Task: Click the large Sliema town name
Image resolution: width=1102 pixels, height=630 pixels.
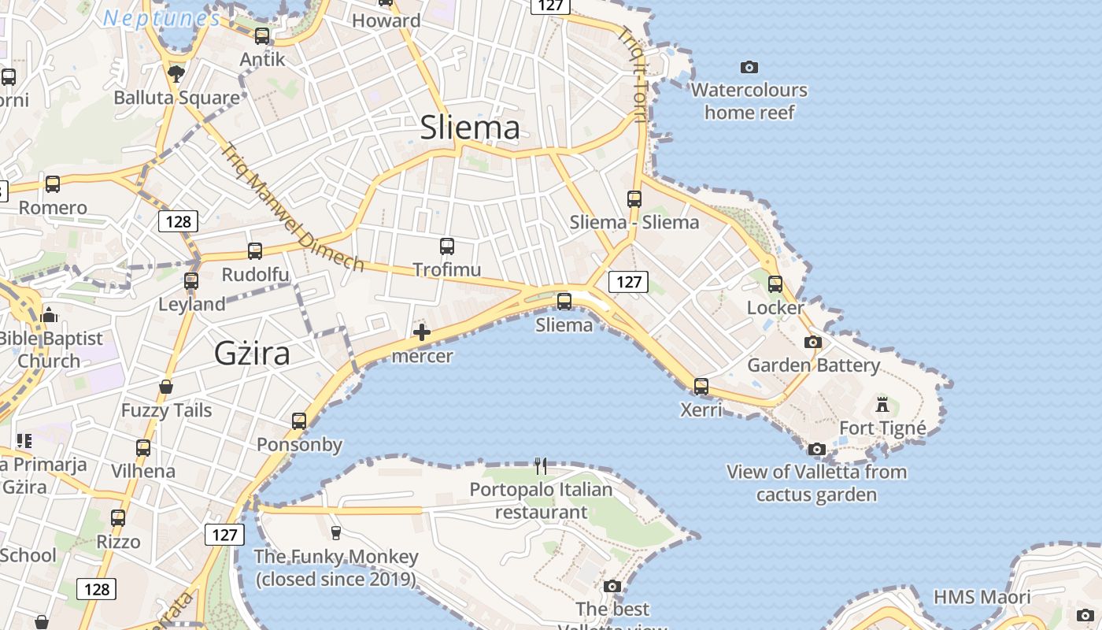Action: pyautogui.click(x=470, y=128)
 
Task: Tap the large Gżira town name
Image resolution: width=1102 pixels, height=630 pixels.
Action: pyautogui.click(x=252, y=354)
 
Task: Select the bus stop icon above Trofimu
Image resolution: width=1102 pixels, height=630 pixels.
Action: pyautogui.click(x=447, y=246)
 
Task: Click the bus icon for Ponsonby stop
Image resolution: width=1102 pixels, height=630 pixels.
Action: pyautogui.click(x=299, y=421)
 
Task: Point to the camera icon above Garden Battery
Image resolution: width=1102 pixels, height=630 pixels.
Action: pyautogui.click(x=813, y=342)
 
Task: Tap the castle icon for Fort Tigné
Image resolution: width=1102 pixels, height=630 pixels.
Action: pyautogui.click(x=882, y=405)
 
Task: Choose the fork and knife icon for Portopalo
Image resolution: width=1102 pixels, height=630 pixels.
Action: pyautogui.click(x=541, y=466)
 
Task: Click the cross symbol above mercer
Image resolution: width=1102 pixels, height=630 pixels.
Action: pyautogui.click(x=422, y=332)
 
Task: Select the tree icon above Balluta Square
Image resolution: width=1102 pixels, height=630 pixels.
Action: pyautogui.click(x=176, y=74)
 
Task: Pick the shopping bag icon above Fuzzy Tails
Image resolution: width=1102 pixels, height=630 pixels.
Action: pyautogui.click(x=166, y=387)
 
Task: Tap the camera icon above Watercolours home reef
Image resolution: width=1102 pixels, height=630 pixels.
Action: pyautogui.click(x=749, y=67)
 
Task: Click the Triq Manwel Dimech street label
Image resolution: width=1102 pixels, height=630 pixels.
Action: pyautogui.click(x=293, y=208)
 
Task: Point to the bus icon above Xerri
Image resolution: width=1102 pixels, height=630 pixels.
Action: pyautogui.click(x=701, y=387)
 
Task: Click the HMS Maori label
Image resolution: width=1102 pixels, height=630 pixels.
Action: pyautogui.click(x=982, y=597)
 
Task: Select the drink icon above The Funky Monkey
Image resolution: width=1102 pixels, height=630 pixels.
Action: pyautogui.click(x=336, y=533)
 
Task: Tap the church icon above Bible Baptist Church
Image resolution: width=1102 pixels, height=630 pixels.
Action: pyautogui.click(x=49, y=315)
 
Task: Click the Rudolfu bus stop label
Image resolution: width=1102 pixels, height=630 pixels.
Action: pyautogui.click(x=255, y=275)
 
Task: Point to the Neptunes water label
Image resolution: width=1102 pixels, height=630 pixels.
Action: pyautogui.click(x=161, y=17)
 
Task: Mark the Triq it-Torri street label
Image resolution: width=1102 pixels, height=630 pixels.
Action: pyautogui.click(x=633, y=76)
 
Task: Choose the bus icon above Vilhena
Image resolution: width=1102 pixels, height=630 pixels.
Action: pyautogui.click(x=143, y=448)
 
